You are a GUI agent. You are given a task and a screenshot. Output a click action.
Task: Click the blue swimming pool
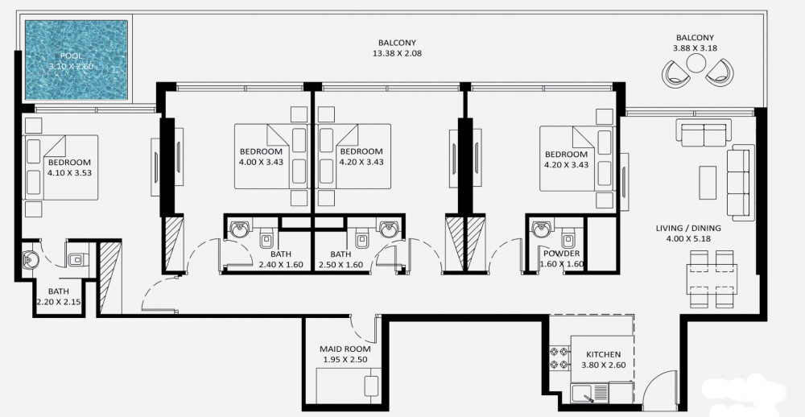(76, 60)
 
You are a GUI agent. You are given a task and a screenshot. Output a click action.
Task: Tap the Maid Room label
(345, 349)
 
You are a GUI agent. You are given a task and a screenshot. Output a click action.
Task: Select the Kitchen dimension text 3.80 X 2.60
(604, 365)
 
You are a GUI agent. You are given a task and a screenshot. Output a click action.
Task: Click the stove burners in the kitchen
(559, 358)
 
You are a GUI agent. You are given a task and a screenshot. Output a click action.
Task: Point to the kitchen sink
(589, 393)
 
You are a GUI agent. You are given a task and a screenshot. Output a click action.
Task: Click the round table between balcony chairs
(696, 63)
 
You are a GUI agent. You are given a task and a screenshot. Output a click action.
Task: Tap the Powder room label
(562, 254)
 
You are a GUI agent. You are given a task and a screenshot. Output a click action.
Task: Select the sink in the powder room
(541, 229)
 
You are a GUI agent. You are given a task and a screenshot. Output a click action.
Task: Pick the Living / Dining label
(688, 229)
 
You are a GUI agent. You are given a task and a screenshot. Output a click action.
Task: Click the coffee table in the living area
(708, 182)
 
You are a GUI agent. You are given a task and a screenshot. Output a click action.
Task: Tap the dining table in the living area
(711, 279)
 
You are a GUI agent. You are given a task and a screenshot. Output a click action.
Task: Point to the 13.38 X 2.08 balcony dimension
(397, 53)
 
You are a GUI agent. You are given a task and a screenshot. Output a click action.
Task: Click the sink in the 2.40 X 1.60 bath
(238, 229)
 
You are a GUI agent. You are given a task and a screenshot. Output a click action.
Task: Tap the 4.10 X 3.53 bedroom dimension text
(69, 173)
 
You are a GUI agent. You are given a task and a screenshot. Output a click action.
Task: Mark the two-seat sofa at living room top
(704, 133)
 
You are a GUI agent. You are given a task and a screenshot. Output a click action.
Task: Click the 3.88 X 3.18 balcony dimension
(696, 48)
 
